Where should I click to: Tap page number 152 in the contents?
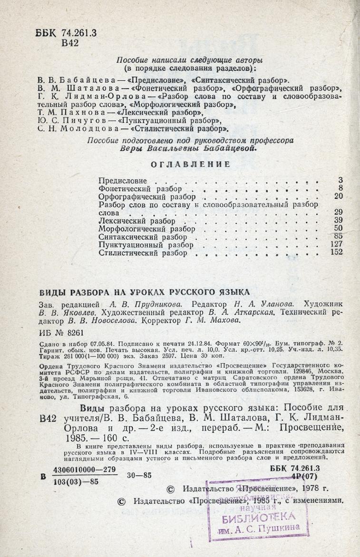pos(336,253)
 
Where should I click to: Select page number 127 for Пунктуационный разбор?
pos(336,244)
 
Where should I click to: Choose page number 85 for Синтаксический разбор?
pos(339,236)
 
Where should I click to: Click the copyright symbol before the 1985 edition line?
pos(122,500)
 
